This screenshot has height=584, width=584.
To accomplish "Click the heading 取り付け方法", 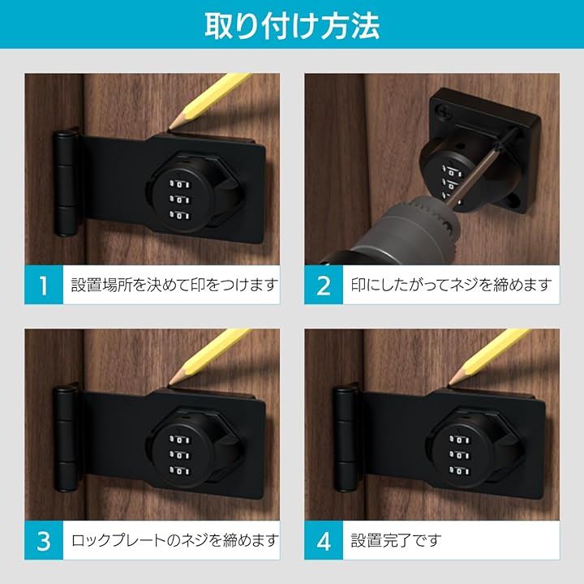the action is [x=292, y=25].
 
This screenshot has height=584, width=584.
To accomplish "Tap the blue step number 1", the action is [x=44, y=286].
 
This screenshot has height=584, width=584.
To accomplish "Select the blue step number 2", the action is [x=324, y=286].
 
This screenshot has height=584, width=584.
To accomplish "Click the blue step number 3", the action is [x=44, y=541].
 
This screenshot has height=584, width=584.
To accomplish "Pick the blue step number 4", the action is [x=324, y=541].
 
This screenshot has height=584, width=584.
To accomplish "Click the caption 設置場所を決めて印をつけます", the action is [x=174, y=285].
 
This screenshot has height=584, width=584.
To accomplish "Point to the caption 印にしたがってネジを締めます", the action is [x=452, y=285].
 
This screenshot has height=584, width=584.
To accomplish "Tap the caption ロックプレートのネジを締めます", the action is [x=174, y=540].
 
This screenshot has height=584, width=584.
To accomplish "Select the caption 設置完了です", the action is [x=396, y=540].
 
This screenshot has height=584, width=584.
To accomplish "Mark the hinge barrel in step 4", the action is [x=346, y=438].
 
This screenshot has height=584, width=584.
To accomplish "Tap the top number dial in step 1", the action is [x=179, y=184].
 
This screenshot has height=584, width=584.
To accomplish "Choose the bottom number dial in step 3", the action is [x=179, y=471].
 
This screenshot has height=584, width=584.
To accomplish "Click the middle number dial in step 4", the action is [x=460, y=456].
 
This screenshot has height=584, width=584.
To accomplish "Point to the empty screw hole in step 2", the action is [x=515, y=201].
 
